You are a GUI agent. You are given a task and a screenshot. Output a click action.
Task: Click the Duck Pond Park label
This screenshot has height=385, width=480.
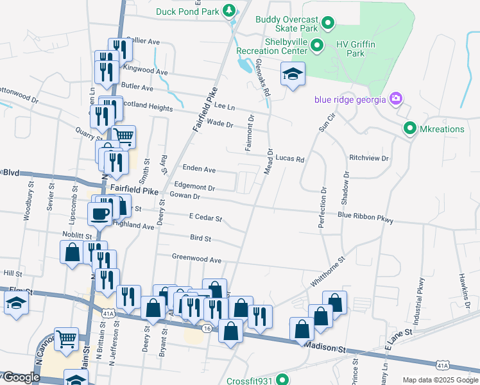(187, 11)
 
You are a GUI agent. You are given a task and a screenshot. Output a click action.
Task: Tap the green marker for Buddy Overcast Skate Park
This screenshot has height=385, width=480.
(328, 24)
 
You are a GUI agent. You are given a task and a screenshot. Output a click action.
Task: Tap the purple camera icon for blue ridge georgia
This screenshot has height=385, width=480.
(396, 99)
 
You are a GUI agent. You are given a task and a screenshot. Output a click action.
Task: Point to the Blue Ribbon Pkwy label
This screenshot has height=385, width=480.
(365, 218)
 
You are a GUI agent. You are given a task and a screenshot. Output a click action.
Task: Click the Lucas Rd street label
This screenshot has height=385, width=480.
(291, 158)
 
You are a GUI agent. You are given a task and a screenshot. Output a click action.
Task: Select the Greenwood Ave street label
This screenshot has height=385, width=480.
(196, 259)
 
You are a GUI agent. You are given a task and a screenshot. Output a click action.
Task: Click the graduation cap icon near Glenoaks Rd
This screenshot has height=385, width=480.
(293, 74)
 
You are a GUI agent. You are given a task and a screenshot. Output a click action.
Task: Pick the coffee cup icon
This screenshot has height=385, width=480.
(99, 213)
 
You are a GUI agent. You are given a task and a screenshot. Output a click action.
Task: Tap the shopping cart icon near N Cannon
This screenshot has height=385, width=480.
(66, 338)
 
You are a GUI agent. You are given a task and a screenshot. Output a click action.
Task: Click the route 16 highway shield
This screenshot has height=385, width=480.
(206, 328)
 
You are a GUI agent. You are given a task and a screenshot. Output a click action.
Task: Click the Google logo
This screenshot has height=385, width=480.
(21, 378)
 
